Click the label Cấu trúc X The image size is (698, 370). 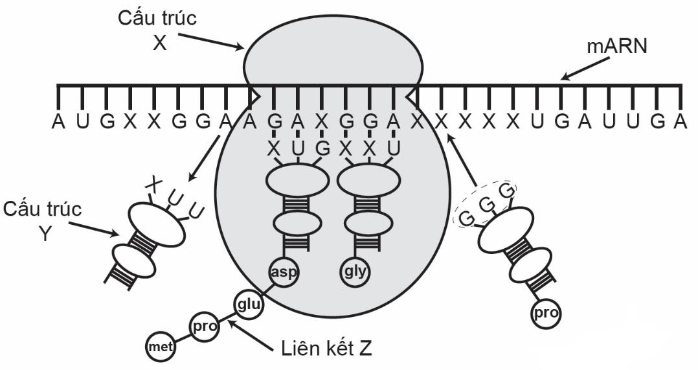point(157,29)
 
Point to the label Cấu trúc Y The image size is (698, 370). point(43,220)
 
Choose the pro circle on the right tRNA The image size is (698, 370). point(545,315)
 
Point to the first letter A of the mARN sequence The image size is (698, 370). point(58,121)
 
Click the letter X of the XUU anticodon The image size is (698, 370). point(153,183)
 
